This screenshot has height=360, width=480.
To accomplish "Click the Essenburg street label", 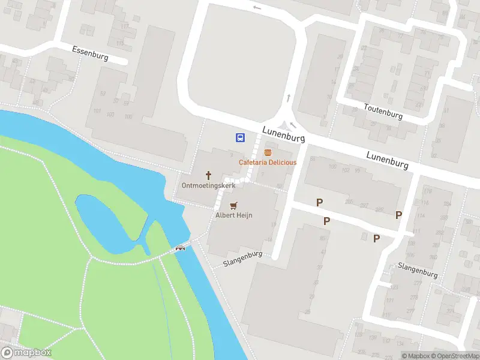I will (89, 53).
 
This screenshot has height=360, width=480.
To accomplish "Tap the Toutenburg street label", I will (383, 111).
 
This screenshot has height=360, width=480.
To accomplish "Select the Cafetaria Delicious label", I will (268, 163).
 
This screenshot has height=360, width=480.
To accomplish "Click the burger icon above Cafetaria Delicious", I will (268, 152).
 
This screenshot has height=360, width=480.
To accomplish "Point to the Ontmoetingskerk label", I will (209, 185).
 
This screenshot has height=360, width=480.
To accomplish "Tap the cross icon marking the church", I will (209, 175).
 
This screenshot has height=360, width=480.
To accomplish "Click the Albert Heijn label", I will (233, 215).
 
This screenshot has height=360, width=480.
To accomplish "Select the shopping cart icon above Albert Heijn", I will (233, 205).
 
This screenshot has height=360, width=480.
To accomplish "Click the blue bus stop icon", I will (240, 138).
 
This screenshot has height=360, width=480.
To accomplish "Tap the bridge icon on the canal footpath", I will (179, 248).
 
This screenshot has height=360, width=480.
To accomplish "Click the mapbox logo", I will (26, 353).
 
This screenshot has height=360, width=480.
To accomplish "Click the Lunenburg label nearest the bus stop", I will (283, 134).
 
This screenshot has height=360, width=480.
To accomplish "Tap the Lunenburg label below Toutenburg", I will (388, 160).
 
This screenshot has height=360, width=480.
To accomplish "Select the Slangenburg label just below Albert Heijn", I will (244, 259).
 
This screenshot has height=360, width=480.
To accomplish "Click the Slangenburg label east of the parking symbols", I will (418, 269).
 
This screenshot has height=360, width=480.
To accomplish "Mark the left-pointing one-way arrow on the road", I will (257, 8).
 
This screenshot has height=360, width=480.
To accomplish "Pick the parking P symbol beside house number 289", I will (398, 215).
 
